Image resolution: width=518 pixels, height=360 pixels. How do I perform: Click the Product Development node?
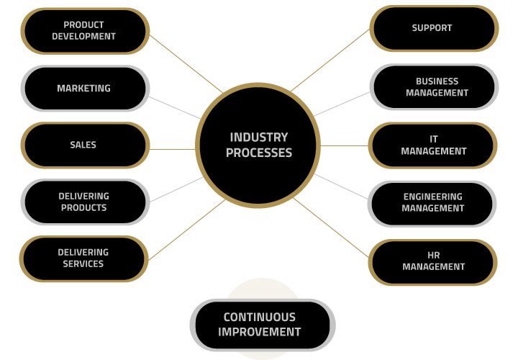[x=85, y=31]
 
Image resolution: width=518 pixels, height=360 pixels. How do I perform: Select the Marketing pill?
[x=85, y=89]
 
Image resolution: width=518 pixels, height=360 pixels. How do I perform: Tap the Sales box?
[x=85, y=145]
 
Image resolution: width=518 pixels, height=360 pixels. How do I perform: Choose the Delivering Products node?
[x=85, y=202]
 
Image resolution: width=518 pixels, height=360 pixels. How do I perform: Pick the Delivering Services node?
[x=84, y=258]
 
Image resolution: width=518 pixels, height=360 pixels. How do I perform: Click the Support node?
[x=434, y=28]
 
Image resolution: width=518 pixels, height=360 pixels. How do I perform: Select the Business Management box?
[x=434, y=87]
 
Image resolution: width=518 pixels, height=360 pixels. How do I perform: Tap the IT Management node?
[x=433, y=145]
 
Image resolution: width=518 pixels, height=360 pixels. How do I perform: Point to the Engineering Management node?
[x=432, y=204]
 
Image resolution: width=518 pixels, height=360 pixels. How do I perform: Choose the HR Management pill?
[x=433, y=262]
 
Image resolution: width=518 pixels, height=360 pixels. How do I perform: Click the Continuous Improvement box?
[x=263, y=325]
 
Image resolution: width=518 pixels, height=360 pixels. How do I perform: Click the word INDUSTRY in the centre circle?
[x=259, y=138]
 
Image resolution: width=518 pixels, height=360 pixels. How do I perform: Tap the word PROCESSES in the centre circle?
[x=259, y=153]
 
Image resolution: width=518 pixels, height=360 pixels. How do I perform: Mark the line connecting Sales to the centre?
[x=173, y=150]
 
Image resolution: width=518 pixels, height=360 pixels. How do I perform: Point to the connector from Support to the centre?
[x=330, y=60]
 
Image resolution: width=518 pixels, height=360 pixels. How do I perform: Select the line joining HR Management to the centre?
[x=331, y=228]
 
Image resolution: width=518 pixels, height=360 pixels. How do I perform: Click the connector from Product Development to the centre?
[x=186, y=64]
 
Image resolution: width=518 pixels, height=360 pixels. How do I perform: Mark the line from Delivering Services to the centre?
[x=186, y=230]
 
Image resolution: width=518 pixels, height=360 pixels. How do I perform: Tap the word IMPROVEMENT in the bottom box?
[x=259, y=332]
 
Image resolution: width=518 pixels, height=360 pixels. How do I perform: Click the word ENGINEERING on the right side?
[x=433, y=197]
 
